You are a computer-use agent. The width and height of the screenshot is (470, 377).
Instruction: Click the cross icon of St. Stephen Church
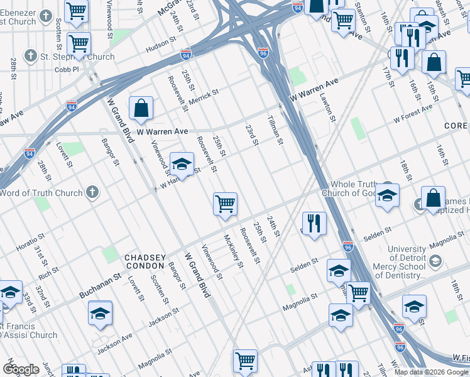[x=30, y=57]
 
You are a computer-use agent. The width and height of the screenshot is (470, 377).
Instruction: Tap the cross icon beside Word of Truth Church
[x=92, y=192]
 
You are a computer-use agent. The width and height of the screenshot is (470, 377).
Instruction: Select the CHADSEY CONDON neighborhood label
[x=145, y=261]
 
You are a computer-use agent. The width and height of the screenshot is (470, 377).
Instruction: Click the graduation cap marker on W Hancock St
[x=182, y=165]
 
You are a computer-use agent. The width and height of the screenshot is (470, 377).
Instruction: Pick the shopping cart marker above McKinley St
[x=225, y=204]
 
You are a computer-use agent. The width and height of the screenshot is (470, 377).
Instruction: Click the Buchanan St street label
[x=100, y=286]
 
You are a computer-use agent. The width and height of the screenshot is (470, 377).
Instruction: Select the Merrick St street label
[x=204, y=97]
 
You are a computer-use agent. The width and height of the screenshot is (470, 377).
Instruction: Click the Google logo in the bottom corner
[x=21, y=369]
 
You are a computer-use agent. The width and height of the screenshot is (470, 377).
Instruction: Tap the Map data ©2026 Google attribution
[x=430, y=372]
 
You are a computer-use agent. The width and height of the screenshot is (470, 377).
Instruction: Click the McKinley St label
[x=233, y=251]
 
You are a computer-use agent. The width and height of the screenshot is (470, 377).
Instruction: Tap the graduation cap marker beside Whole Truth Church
[x=388, y=195]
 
